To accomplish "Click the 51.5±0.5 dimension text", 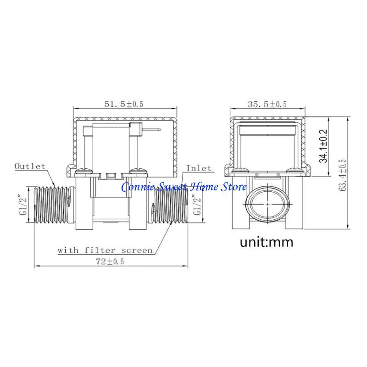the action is [124, 104].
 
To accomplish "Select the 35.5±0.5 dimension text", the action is [267, 104].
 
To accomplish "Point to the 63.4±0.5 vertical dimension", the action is [342, 175].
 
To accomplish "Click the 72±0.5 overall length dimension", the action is [110, 261].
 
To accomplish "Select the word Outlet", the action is [30, 166].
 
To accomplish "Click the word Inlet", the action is [199, 168].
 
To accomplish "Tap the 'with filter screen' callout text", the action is [105, 250].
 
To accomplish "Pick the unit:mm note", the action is [267, 242].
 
